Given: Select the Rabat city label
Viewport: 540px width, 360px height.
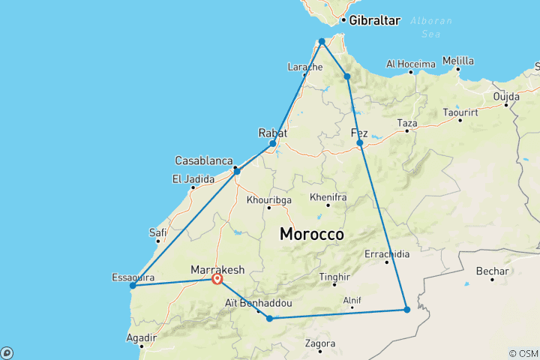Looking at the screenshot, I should pos(272,132).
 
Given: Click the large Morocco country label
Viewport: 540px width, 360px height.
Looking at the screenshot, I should pos(311,234).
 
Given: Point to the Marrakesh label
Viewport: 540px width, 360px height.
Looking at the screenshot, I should pos(217,268).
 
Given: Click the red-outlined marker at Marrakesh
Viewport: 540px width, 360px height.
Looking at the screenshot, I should pos(217,279).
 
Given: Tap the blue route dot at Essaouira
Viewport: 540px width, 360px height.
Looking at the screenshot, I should pos(133,285).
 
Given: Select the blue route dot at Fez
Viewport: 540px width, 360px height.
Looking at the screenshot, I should pos(360,142).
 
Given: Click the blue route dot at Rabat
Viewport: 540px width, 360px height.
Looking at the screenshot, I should pos(273,143).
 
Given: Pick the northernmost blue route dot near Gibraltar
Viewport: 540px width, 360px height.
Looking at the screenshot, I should pos(322,41).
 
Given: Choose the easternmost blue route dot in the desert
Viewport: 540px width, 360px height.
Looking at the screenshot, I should pos(406,309).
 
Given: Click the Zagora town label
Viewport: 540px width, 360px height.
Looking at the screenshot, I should pos(320,344).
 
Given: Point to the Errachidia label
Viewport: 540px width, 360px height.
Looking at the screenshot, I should pos(387,254).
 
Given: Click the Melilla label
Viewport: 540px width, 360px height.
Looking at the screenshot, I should pos(458,61).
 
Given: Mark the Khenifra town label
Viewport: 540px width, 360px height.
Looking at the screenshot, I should pos(328,197).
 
